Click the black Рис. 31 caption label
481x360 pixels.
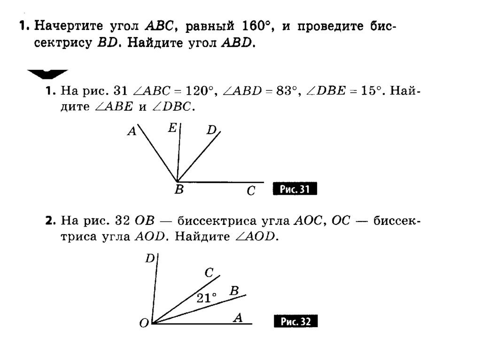[x=295, y=189]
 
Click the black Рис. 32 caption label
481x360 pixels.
[x=295, y=322]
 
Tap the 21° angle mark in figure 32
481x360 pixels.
[x=206, y=298]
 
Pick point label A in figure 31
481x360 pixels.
[x=132, y=132]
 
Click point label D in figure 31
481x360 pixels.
[x=211, y=130]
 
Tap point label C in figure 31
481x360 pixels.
[x=251, y=191]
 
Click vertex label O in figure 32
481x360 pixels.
[x=144, y=323]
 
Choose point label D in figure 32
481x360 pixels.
[x=149, y=258]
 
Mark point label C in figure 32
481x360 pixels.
[x=209, y=272]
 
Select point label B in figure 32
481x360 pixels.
[x=234, y=291]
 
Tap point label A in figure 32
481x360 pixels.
[x=238, y=318]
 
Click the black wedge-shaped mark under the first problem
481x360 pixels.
[x=47, y=74]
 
